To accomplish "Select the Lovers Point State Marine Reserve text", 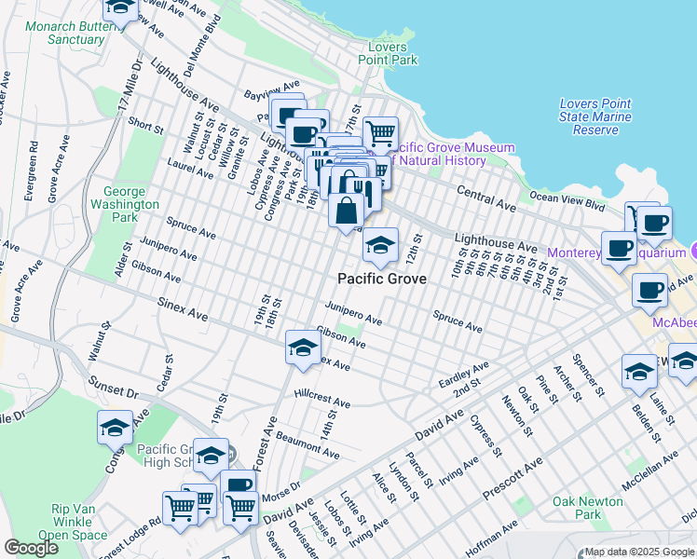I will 594,117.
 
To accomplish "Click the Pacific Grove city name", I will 382,279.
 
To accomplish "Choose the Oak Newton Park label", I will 587,508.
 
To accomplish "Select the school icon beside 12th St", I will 380,246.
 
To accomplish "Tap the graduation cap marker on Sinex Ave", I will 302,348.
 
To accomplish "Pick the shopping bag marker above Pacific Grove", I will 346,210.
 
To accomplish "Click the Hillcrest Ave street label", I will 321,399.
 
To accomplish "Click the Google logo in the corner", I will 31,547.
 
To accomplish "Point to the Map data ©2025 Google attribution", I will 639,552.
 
